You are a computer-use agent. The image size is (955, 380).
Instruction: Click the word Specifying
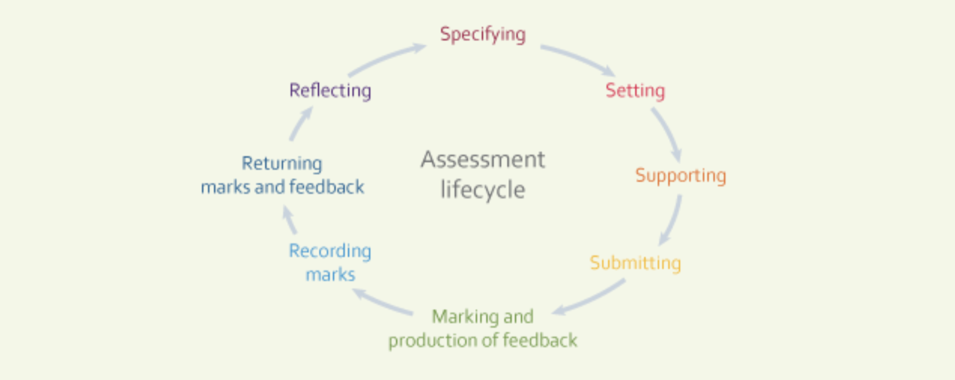[483, 34]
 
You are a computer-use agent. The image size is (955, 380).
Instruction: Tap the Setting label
[635, 90]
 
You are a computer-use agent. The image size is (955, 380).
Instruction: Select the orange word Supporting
[680, 176]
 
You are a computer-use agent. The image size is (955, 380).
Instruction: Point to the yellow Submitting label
[635, 263]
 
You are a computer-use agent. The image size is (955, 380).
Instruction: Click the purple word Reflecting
[330, 90]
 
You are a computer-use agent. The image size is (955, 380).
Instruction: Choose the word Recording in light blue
[330, 251]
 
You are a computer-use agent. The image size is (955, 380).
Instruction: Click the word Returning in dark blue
[282, 163]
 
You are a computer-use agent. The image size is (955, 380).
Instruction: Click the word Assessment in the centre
[483, 159]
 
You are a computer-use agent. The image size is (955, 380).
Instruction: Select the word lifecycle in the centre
[483, 189]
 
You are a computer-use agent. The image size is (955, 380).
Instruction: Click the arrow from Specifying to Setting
[578, 59]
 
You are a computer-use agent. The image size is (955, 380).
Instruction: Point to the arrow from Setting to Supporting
[667, 134]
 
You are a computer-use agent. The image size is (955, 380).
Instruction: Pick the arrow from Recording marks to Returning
[289, 220]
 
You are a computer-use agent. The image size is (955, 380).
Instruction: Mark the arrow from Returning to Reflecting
[301, 124]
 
